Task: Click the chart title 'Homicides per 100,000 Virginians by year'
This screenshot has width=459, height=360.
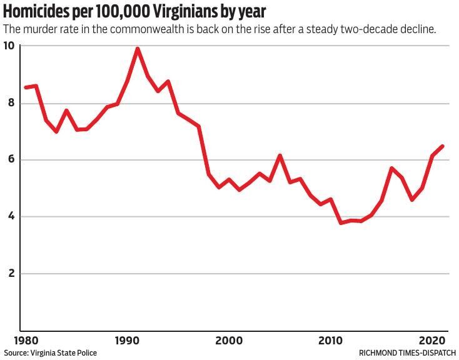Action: click(134, 12)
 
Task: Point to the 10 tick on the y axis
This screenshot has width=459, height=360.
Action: click(9, 46)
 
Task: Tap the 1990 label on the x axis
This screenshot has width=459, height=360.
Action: click(127, 341)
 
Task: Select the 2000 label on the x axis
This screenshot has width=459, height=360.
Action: click(229, 341)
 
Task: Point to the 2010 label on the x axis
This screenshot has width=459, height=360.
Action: click(331, 341)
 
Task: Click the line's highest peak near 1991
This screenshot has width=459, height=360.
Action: click(137, 49)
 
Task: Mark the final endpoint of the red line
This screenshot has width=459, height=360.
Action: click(443, 146)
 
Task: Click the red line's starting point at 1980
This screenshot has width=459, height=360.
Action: click(25, 87)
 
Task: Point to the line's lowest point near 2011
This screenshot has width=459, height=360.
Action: click(341, 222)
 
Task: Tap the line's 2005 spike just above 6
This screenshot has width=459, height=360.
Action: click(280, 156)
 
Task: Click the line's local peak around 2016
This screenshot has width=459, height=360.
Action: click(391, 168)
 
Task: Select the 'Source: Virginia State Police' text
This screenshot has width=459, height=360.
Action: click(51, 353)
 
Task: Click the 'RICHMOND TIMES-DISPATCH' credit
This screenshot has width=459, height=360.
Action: click(407, 353)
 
